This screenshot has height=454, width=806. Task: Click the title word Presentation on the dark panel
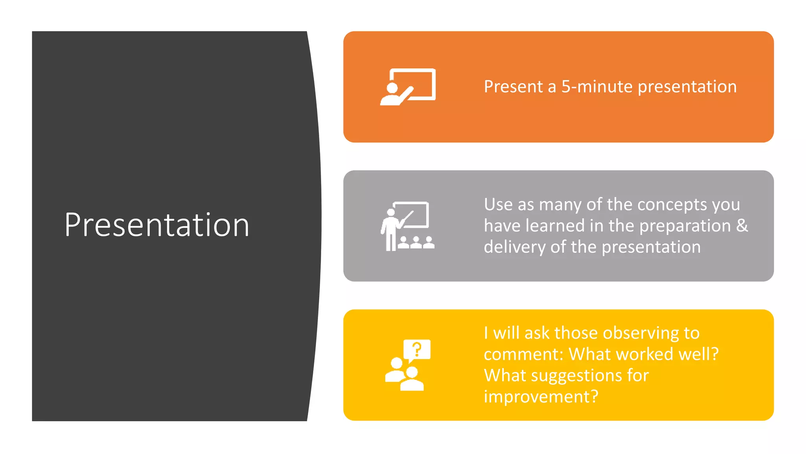[157, 225]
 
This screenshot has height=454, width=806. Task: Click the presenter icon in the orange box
[408, 87]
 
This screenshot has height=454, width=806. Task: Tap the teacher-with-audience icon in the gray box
[408, 226]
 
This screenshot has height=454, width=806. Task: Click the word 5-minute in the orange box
[597, 87]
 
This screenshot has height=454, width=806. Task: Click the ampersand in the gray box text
[742, 225]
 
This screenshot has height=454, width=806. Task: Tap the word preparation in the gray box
[685, 226]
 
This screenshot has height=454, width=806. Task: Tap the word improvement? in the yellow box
[541, 397]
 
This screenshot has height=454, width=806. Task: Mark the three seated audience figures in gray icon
[416, 243]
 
